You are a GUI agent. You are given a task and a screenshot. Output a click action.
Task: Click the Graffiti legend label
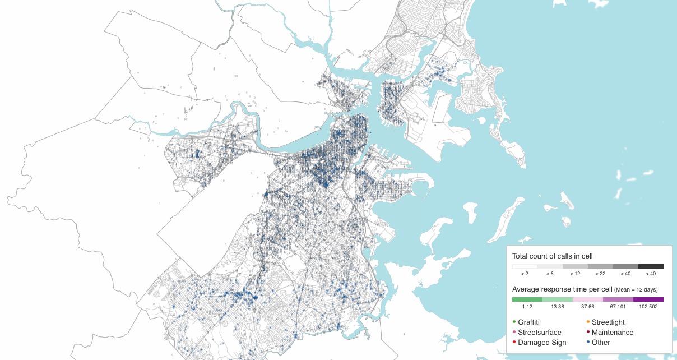(529, 322)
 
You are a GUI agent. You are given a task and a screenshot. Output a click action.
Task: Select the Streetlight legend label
(608, 322)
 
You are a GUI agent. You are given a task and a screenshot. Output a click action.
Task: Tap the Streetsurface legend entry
(539, 333)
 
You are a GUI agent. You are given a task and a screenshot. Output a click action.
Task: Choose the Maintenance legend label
(613, 333)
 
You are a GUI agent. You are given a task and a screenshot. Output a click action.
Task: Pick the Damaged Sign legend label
(542, 343)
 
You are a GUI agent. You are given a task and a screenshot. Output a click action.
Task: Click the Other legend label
(601, 343)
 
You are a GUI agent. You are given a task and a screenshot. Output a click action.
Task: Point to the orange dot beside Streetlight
(587, 322)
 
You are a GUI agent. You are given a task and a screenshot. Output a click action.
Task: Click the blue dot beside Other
(587, 342)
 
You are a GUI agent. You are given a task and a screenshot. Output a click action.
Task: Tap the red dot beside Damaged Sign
(514, 342)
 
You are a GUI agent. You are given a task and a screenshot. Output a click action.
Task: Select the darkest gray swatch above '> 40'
(651, 266)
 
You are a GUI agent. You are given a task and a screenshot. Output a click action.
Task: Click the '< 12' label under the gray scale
(575, 274)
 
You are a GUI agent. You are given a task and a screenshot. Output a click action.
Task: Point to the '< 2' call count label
(525, 274)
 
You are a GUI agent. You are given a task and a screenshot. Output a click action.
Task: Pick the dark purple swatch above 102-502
(648, 299)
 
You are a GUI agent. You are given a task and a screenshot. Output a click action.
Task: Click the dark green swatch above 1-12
(527, 299)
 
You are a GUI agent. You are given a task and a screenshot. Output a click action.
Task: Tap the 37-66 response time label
(588, 307)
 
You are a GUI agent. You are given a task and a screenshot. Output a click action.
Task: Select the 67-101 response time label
(618, 307)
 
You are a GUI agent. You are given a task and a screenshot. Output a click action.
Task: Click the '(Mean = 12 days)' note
(636, 290)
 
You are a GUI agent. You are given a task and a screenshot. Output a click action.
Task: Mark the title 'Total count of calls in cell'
(552, 256)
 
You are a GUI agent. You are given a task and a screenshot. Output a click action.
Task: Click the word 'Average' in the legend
(526, 289)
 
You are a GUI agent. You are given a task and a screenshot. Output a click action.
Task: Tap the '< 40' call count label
(625, 274)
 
